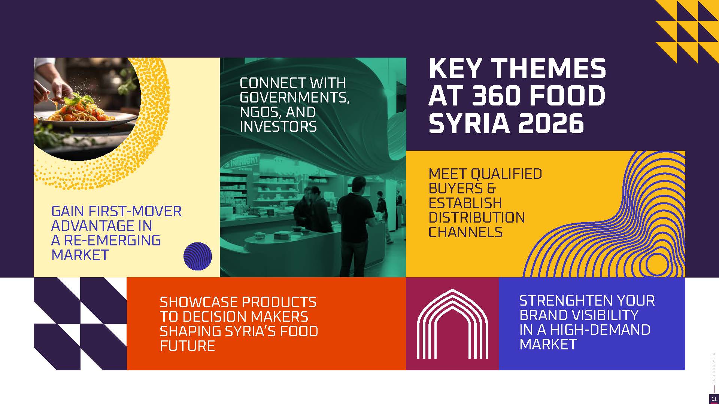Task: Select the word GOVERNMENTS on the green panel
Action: point(295,98)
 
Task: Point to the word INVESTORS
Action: point(278,127)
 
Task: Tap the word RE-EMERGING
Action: point(112,241)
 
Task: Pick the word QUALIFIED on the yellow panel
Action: point(506,174)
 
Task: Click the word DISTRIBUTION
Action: point(477,218)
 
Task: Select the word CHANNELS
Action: point(465,232)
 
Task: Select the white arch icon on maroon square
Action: point(452,324)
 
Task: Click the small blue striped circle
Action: point(198,256)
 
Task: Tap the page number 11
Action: point(714,399)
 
